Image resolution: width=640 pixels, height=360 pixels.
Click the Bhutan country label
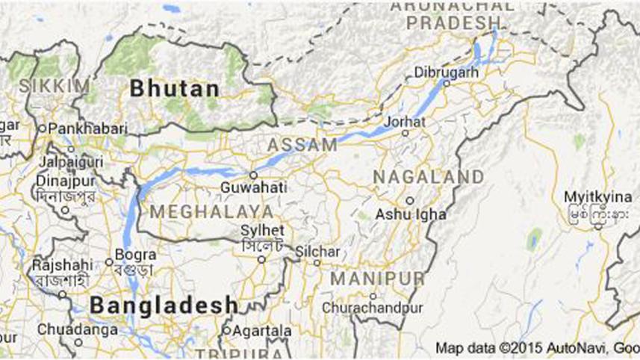(175, 89)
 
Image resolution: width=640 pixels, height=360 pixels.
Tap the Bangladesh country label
(163, 305)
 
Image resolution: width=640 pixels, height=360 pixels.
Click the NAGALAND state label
(428, 177)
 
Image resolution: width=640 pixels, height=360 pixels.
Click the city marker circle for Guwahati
(254, 176)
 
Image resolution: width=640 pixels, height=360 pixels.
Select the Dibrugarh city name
(447, 72)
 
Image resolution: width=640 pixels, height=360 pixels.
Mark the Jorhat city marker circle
(406, 133)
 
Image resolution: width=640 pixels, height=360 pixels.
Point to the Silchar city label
(317, 251)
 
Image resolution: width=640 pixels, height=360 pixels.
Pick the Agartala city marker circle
(226, 329)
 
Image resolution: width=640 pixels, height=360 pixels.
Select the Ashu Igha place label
(410, 214)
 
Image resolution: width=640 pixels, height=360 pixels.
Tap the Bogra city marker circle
(109, 262)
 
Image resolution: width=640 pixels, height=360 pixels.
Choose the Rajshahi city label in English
(62, 265)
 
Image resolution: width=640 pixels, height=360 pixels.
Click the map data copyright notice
(536, 347)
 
